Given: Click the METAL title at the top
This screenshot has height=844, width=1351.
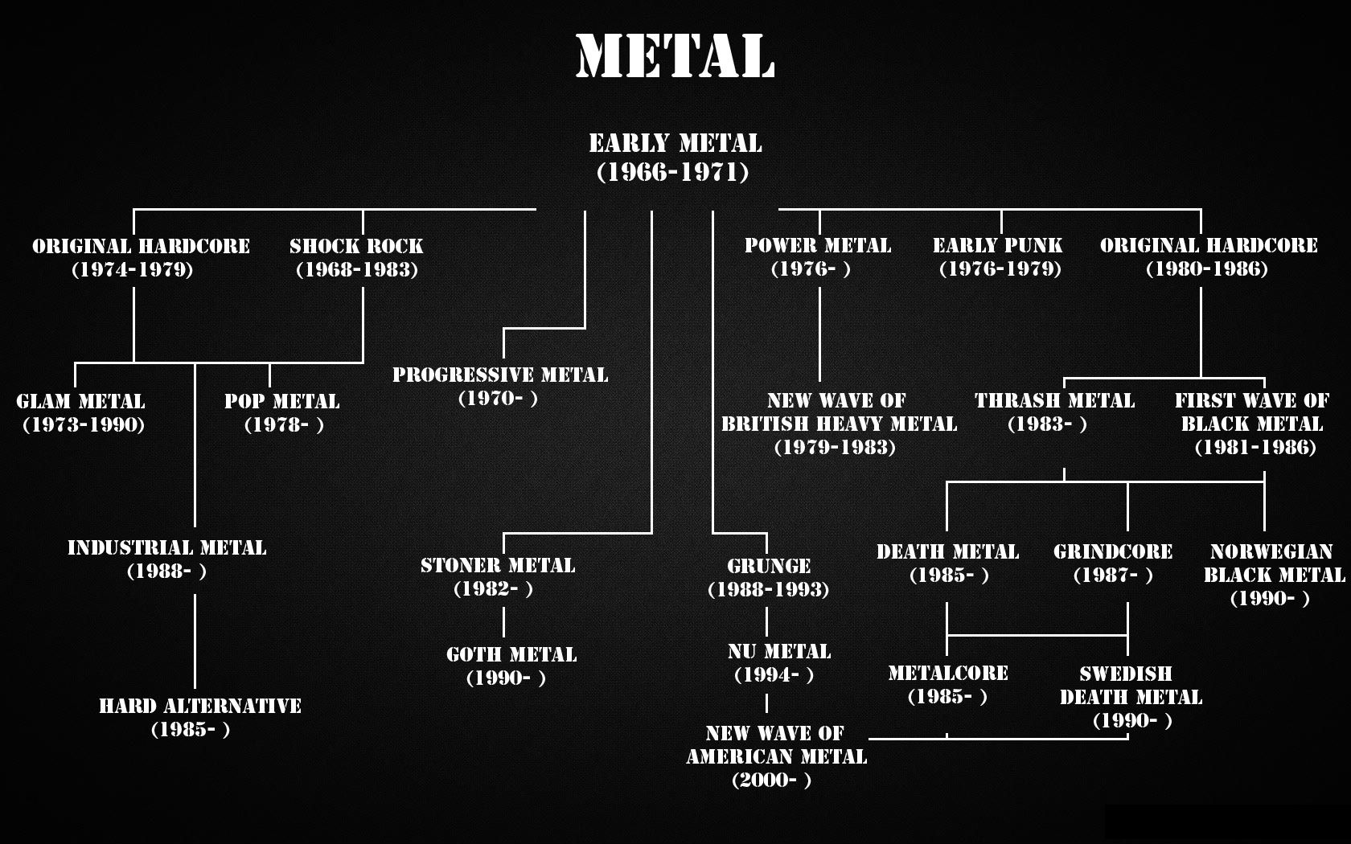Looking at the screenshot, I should click(675, 56).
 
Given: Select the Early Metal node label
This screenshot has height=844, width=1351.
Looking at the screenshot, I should click(675, 145).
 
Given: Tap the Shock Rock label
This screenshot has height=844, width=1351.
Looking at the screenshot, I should click(356, 247).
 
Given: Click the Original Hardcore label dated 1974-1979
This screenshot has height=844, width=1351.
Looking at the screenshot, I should click(141, 247).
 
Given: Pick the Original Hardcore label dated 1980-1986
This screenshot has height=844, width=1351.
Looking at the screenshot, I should click(1208, 246).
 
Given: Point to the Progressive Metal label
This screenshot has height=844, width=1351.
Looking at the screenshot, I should click(500, 375).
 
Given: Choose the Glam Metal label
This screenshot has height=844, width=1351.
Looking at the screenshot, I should click(80, 402).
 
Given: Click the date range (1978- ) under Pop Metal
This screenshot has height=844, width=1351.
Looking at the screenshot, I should click(284, 425).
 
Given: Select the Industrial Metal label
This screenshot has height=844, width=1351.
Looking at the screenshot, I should click(166, 548).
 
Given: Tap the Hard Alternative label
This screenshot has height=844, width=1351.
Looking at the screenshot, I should click(199, 707).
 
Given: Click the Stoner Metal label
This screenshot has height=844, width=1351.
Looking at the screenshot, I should click(498, 566).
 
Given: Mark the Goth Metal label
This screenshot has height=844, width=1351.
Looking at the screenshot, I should click(511, 655).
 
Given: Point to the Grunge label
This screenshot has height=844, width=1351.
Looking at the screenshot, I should click(769, 566).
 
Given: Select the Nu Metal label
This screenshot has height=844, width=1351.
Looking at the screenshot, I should click(778, 652).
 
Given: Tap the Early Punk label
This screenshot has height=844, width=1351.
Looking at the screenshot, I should click(997, 246).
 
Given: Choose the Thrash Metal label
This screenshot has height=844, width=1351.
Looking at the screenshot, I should click(1054, 401).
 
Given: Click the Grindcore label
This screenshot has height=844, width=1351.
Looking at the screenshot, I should click(1113, 552).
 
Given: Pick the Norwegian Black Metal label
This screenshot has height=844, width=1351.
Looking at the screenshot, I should click(1273, 563).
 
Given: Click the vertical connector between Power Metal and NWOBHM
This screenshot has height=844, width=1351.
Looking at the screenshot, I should click(819, 334).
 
